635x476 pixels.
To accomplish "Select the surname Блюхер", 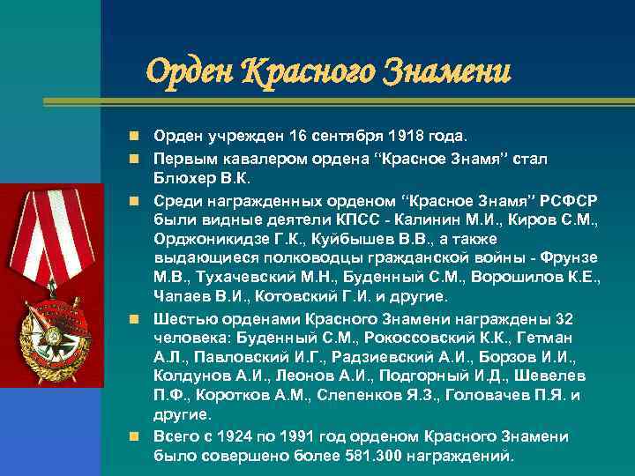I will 180,180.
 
